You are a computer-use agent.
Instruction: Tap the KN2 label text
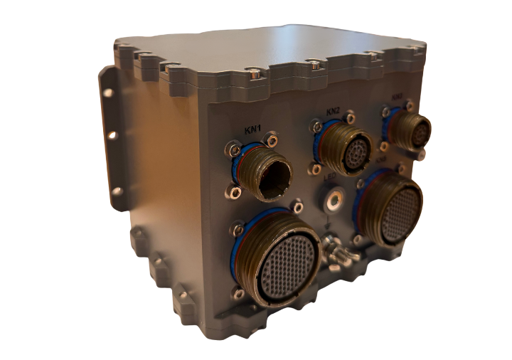pyautogui.click(x=334, y=111)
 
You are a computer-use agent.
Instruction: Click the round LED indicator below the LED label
pyautogui.click(x=331, y=201)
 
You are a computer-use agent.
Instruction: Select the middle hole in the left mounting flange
pyautogui.click(x=112, y=135)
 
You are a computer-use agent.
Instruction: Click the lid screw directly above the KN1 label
pyautogui.click(x=252, y=71)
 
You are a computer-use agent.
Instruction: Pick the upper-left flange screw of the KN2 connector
pyautogui.click(x=314, y=127)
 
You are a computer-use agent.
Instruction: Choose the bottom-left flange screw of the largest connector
pyautogui.click(x=239, y=292)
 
